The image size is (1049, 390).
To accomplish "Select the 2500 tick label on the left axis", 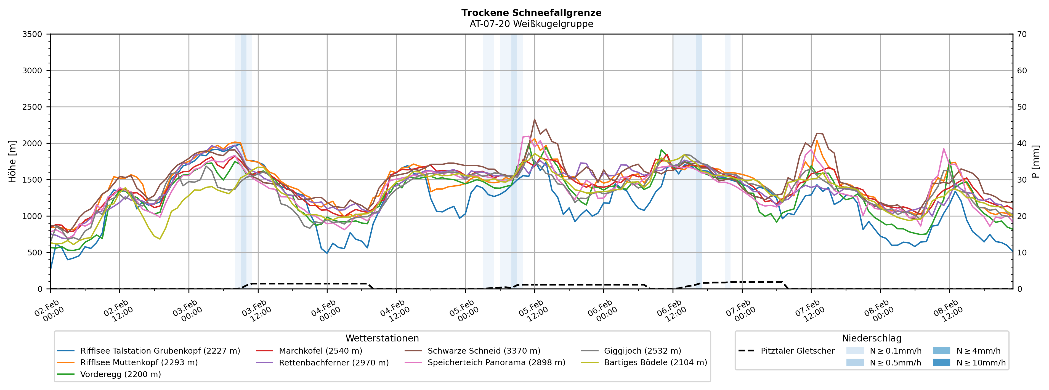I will click(x=32, y=107).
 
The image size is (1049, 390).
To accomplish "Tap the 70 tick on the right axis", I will click(x=1022, y=34).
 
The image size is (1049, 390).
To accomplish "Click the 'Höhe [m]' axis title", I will click(x=13, y=162).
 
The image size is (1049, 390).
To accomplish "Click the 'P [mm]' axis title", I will click(x=1035, y=162).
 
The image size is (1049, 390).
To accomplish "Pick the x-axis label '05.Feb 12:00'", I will click(x=533, y=311).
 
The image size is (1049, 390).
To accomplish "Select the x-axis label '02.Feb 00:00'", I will click(x=49, y=311).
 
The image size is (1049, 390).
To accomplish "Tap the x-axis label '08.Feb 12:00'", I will click(x=949, y=311).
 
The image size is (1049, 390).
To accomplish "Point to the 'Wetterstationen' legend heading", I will click(x=382, y=338).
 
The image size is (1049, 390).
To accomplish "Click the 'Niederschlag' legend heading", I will click(x=872, y=338).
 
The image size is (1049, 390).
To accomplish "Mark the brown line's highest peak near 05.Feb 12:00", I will click(x=534, y=119).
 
